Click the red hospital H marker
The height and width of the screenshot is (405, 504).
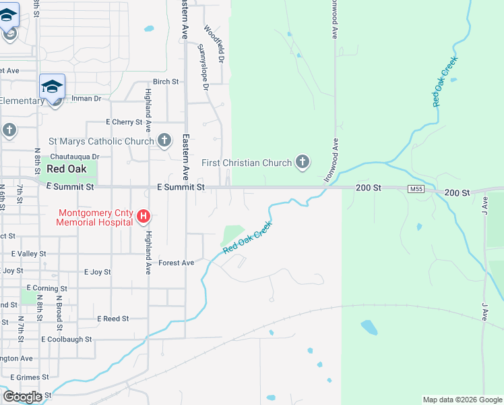(144, 217)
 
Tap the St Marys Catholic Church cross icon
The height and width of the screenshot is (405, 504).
(164, 140)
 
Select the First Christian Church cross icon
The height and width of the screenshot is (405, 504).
(303, 161)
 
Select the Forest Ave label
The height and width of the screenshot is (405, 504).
(176, 263)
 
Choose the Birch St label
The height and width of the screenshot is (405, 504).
(165, 82)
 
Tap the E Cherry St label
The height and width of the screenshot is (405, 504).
(125, 122)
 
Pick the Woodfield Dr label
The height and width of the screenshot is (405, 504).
(213, 41)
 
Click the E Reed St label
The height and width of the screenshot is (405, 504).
(113, 319)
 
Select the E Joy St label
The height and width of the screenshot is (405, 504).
(97, 272)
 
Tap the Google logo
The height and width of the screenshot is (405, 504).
(22, 397)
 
